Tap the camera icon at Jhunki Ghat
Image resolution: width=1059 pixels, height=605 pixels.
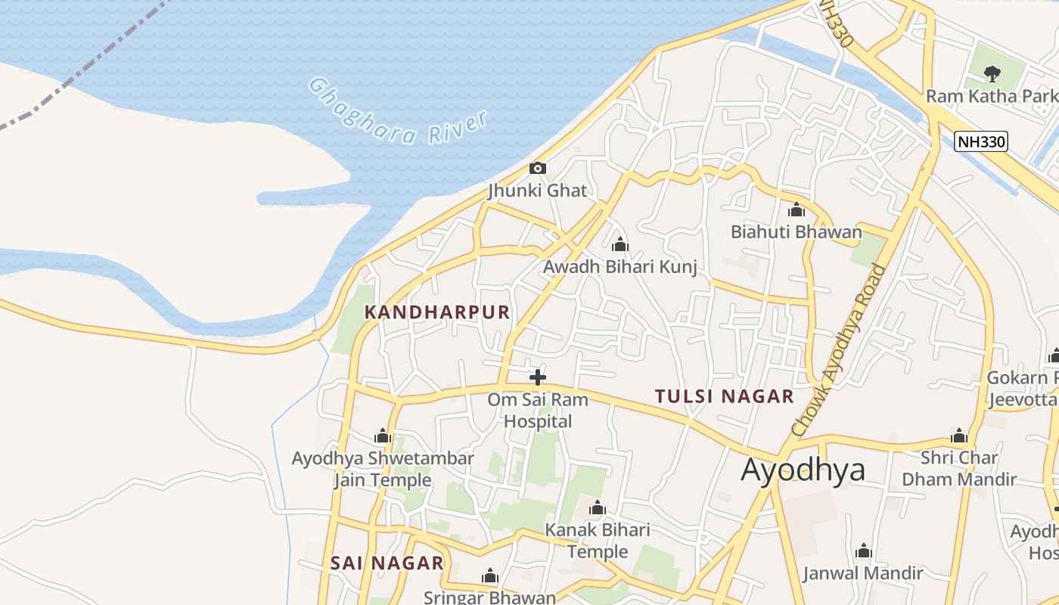coord(538,168)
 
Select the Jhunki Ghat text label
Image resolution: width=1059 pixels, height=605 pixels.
coord(538,191)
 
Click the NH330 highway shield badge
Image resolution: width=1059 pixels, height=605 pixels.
coord(980,141)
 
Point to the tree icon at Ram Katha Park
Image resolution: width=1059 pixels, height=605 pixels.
coord(991,73)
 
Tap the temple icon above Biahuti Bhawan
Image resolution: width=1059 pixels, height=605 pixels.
coord(796,209)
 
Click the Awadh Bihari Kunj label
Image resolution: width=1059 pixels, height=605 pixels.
coord(620,267)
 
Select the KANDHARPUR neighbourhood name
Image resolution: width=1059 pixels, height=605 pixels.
coord(437,312)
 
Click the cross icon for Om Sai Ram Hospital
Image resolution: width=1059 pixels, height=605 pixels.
coord(538,377)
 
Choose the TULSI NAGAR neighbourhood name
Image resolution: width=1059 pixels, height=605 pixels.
coord(724,396)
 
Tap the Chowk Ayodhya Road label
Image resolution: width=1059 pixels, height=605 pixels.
coord(838,349)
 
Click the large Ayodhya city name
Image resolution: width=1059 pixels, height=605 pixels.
coord(803,470)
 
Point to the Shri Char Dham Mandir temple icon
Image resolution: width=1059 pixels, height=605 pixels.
coord(959,436)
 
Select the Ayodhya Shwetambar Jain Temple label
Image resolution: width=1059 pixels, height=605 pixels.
coord(383,469)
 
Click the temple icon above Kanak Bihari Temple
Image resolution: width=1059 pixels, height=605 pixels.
coord(598,507)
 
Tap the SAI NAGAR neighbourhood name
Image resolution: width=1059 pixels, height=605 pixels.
coord(387,563)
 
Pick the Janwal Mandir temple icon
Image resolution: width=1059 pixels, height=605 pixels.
coord(863,551)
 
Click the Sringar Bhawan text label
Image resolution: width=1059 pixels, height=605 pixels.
coord(489,597)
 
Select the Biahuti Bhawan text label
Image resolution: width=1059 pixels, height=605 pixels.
coord(796,232)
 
